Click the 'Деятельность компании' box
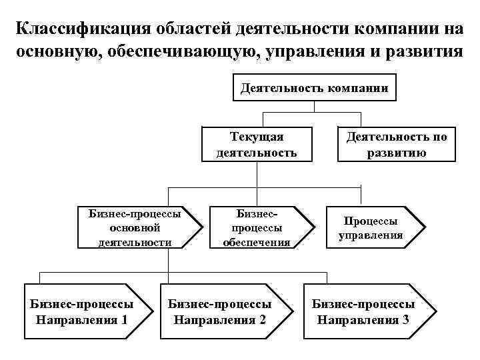point(315,87)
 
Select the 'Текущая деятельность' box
point(257,145)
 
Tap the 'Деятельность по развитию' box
point(396,145)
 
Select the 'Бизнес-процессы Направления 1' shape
point(83,311)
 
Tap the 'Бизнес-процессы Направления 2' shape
point(223,311)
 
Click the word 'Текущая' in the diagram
point(257,137)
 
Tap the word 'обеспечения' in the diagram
point(257,242)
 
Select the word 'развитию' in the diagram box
point(396,153)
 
